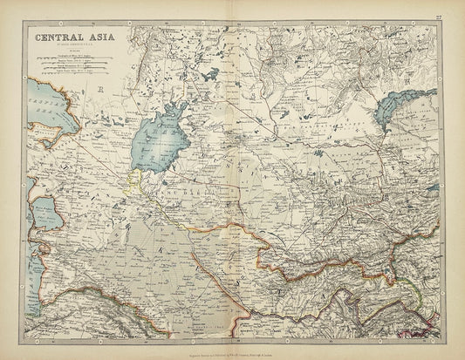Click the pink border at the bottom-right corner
[x=433, y=332]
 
